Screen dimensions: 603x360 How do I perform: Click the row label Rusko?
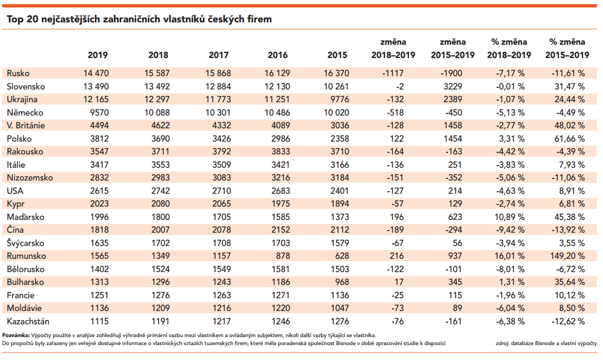[18, 73]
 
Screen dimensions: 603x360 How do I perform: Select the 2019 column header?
[98, 55]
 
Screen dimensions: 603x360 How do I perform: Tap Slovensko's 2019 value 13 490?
[96, 86]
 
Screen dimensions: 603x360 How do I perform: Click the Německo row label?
[25, 113]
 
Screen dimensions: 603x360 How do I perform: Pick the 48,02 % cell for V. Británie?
[569, 125]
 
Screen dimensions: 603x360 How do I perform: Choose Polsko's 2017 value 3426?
[221, 138]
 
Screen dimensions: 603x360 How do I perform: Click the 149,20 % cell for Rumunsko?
[567, 256]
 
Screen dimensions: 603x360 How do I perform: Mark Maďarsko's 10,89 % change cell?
[509, 217]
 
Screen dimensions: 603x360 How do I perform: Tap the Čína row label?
[15, 230]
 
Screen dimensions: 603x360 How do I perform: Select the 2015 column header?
[337, 55]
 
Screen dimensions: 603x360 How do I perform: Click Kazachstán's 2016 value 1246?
[280, 321]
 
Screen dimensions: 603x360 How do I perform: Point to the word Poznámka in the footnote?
[16, 336]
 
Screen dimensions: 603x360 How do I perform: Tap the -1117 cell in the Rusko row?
[393, 73]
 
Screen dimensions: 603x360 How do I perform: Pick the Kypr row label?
[16, 204]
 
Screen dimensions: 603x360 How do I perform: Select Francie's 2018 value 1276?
[160, 296]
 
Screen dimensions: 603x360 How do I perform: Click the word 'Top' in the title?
[15, 19]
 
